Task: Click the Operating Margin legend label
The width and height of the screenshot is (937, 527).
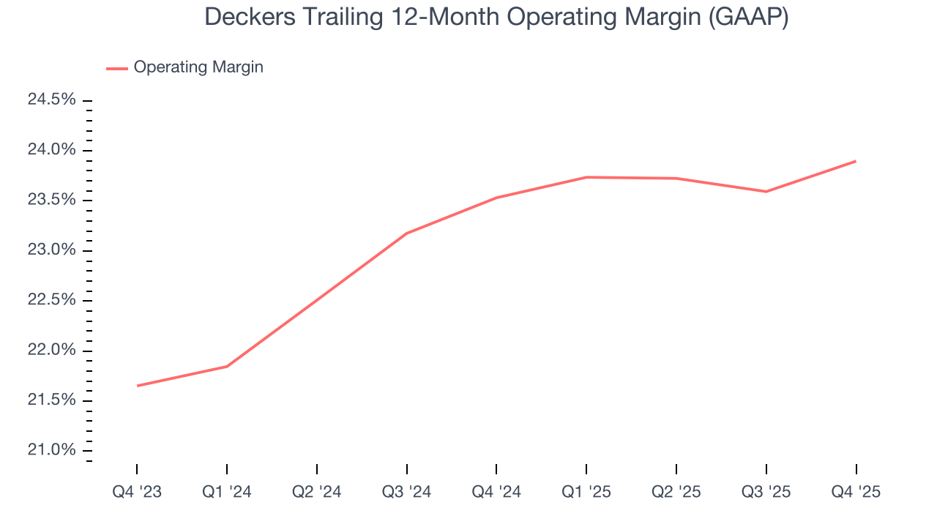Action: pyautogui.click(x=198, y=67)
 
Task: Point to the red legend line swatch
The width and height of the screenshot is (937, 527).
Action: pyautogui.click(x=117, y=68)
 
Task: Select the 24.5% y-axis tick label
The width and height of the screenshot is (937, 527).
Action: pyautogui.click(x=51, y=100)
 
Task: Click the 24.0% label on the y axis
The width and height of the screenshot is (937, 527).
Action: pyautogui.click(x=51, y=150)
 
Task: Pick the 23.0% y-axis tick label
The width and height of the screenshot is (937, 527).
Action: pyautogui.click(x=51, y=250)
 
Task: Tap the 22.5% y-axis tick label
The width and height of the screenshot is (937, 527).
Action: pyautogui.click(x=51, y=300)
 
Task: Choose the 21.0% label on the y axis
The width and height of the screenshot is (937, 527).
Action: pyautogui.click(x=51, y=450)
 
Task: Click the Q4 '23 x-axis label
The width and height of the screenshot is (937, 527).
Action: pyautogui.click(x=137, y=493)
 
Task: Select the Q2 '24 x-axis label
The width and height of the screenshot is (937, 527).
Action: pyautogui.click(x=316, y=493)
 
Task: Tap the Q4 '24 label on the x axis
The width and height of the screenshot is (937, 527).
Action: pyautogui.click(x=496, y=493)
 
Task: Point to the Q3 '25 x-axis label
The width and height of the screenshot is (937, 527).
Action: pyautogui.click(x=766, y=493)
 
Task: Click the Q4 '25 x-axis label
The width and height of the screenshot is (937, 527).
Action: pyautogui.click(x=856, y=493)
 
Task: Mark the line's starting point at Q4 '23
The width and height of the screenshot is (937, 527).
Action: pyautogui.click(x=137, y=386)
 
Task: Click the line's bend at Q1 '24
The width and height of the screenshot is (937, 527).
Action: pyautogui.click(x=227, y=366)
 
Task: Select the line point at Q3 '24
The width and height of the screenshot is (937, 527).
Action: pyautogui.click(x=406, y=233)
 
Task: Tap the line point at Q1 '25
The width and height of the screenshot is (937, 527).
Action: pyautogui.click(x=586, y=177)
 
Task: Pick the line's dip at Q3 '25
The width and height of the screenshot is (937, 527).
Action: pyautogui.click(x=766, y=192)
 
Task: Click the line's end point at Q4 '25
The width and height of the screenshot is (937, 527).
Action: pyautogui.click(x=856, y=161)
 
